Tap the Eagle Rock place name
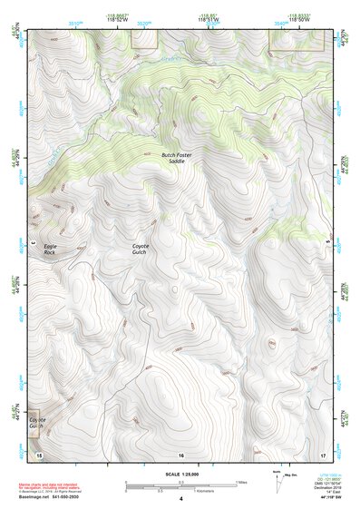[x=51, y=250]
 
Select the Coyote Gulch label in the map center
[x=141, y=250]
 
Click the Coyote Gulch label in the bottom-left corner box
[x=37, y=424]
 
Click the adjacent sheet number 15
[x=39, y=453]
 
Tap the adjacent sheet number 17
[x=323, y=453]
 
